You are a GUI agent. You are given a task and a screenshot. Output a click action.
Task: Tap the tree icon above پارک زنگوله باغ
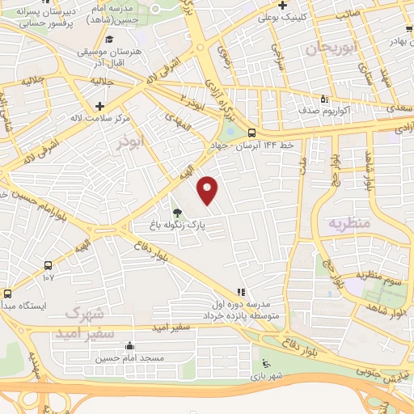pos(177,212)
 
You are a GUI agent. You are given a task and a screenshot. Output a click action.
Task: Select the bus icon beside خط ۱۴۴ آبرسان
pos(252,133)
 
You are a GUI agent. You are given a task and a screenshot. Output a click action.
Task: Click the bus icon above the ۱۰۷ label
pos(48,265)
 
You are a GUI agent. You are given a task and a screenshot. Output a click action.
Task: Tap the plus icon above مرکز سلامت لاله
pos(99,106)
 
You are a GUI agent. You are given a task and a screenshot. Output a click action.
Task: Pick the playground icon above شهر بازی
pos(264,365)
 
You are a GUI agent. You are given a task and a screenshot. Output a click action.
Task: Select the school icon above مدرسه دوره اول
pos(239,291)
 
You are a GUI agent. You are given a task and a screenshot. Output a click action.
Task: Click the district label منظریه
pos(349,222)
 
